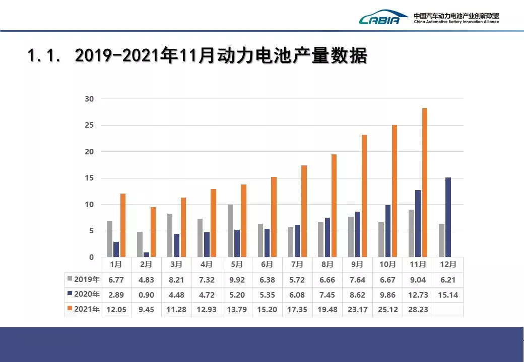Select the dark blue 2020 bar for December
point(448,217)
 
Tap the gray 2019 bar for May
point(230,231)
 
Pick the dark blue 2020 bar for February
point(146,254)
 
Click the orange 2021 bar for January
point(122,225)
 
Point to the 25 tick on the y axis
point(89,125)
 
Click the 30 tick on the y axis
point(89,99)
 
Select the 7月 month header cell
point(297,264)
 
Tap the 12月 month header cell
point(448,264)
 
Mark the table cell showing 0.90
point(146,295)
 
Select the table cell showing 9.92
point(237,280)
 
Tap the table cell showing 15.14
point(448,295)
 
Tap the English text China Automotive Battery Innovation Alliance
point(456,22)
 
